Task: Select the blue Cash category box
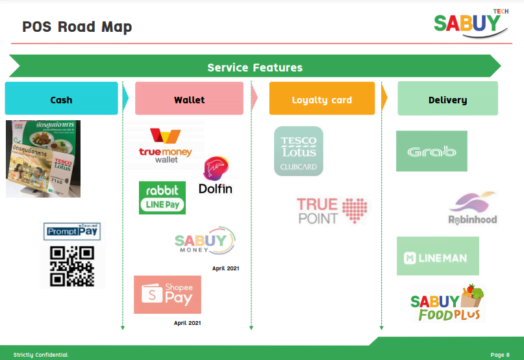(61, 99)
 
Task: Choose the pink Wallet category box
(189, 99)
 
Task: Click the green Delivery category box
(447, 99)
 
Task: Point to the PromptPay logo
(73, 231)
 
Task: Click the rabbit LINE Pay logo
(161, 197)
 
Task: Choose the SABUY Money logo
(204, 241)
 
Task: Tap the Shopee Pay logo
(167, 294)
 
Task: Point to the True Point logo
(331, 209)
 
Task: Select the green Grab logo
(430, 151)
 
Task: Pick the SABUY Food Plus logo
(446, 303)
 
